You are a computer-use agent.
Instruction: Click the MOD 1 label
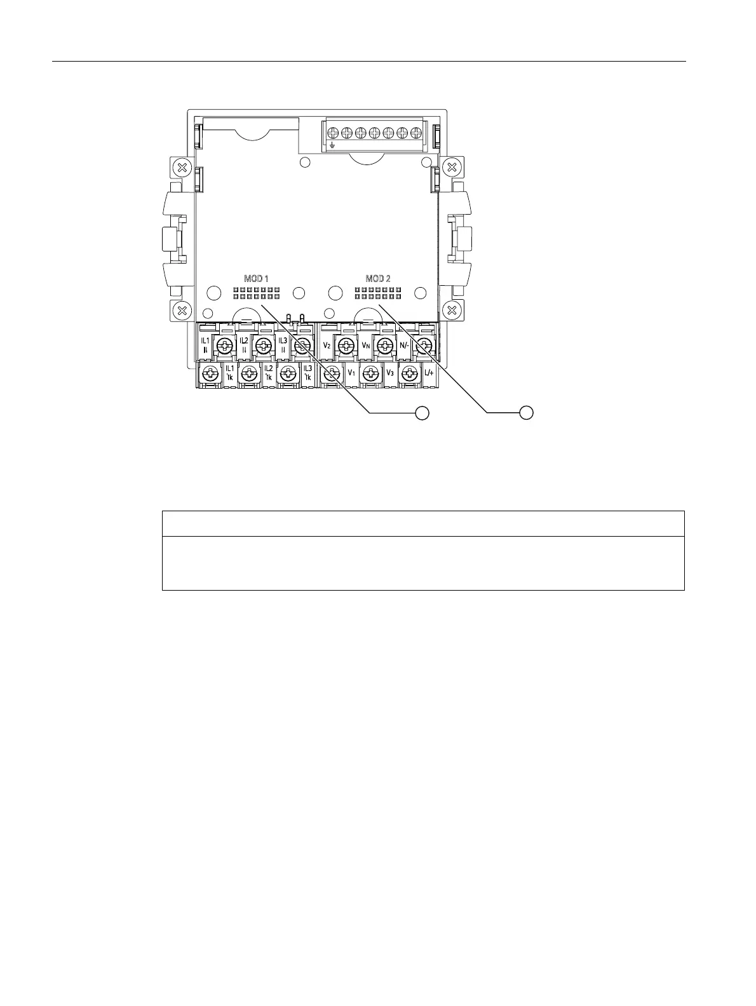coord(257,279)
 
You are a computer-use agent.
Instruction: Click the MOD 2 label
coord(378,279)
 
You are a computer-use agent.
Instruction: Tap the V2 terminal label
coord(327,345)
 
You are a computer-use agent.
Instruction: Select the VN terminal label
coord(365,345)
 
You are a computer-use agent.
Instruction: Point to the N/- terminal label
coord(405,345)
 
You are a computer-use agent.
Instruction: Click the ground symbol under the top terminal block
coord(332,146)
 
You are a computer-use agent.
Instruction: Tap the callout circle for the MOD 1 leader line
coord(421,413)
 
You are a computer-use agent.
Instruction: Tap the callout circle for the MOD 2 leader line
coord(526,413)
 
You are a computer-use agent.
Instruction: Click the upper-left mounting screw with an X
coord(182,168)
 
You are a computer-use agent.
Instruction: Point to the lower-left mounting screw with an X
coord(182,311)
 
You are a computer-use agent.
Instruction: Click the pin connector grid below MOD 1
coord(256,293)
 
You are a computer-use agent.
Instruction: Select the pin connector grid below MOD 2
coord(378,293)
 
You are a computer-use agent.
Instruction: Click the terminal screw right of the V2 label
coord(345,345)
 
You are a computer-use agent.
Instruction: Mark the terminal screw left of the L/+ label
coord(408,375)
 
